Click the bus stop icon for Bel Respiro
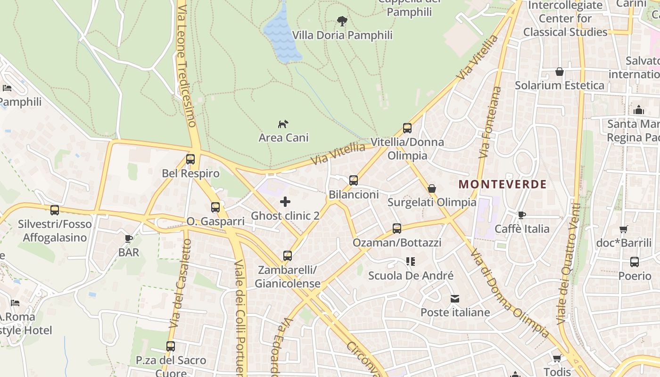190,159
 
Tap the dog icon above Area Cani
283,124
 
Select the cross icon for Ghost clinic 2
285,202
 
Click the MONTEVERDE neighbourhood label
503,184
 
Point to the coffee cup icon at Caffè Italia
521,215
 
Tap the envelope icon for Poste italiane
455,299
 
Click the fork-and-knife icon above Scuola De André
411,261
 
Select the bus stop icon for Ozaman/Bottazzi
397,229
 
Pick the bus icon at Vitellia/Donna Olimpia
407,128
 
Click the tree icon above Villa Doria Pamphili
342,21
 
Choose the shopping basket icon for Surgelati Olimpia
432,188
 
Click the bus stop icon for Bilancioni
354,180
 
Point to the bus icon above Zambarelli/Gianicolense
288,256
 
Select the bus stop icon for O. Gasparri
215,207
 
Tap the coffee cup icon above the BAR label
129,238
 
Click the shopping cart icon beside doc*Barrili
624,229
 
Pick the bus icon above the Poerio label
635,262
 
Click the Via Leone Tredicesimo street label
187,66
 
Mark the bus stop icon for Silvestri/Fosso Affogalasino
55,210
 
